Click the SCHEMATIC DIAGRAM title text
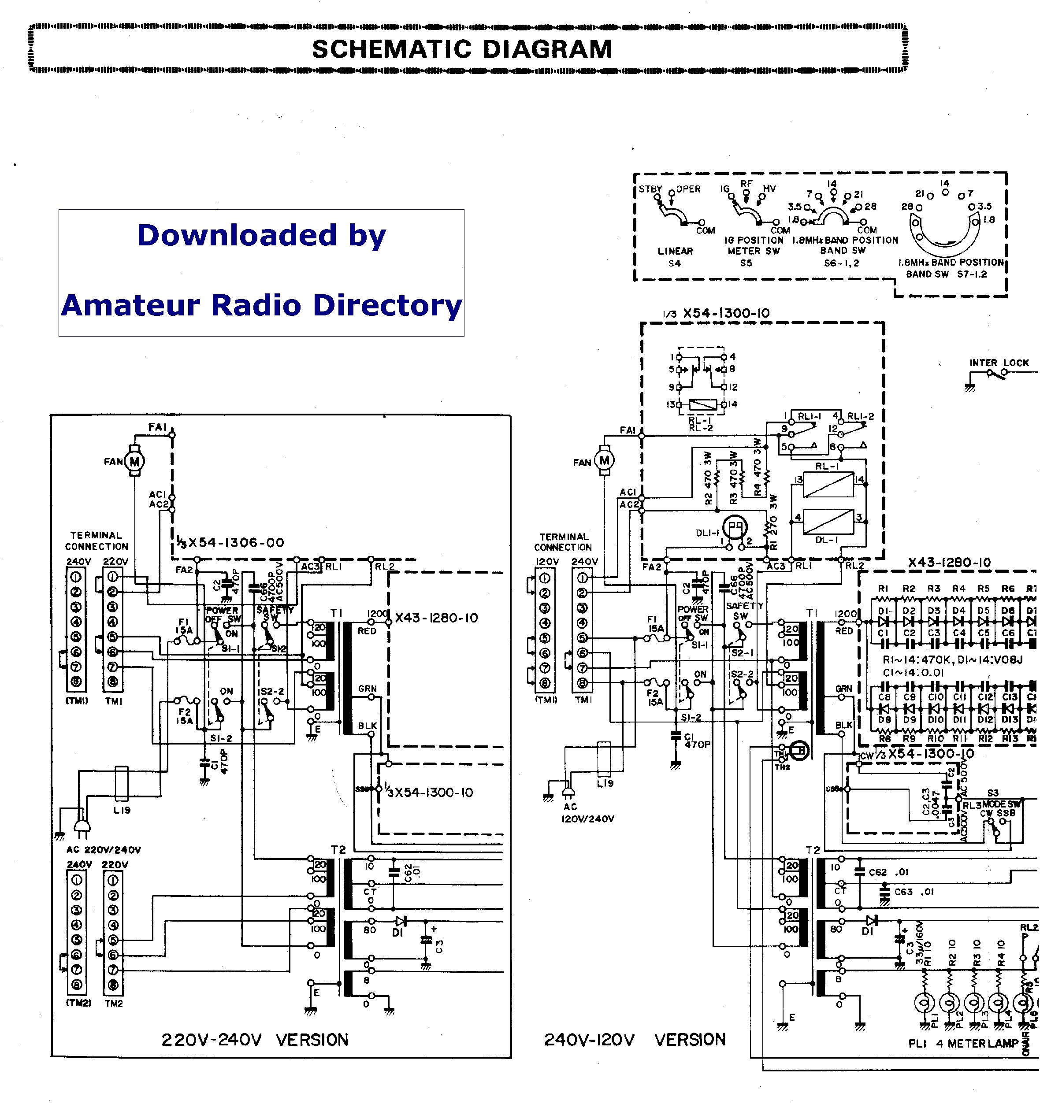pyautogui.click(x=462, y=49)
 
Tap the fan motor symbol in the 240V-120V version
pyautogui.click(x=604, y=461)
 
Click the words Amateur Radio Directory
pyautogui.click(x=261, y=306)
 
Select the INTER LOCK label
pyautogui.click(x=999, y=363)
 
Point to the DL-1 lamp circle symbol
pyautogui.click(x=734, y=527)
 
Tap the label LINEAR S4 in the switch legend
pyautogui.click(x=675, y=257)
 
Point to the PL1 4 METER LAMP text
pyautogui.click(x=963, y=1043)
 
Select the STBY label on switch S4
pyautogui.click(x=650, y=189)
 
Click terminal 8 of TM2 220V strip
pyautogui.click(x=113, y=985)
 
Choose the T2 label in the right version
pyautogui.click(x=813, y=850)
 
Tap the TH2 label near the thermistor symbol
pyautogui.click(x=782, y=767)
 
